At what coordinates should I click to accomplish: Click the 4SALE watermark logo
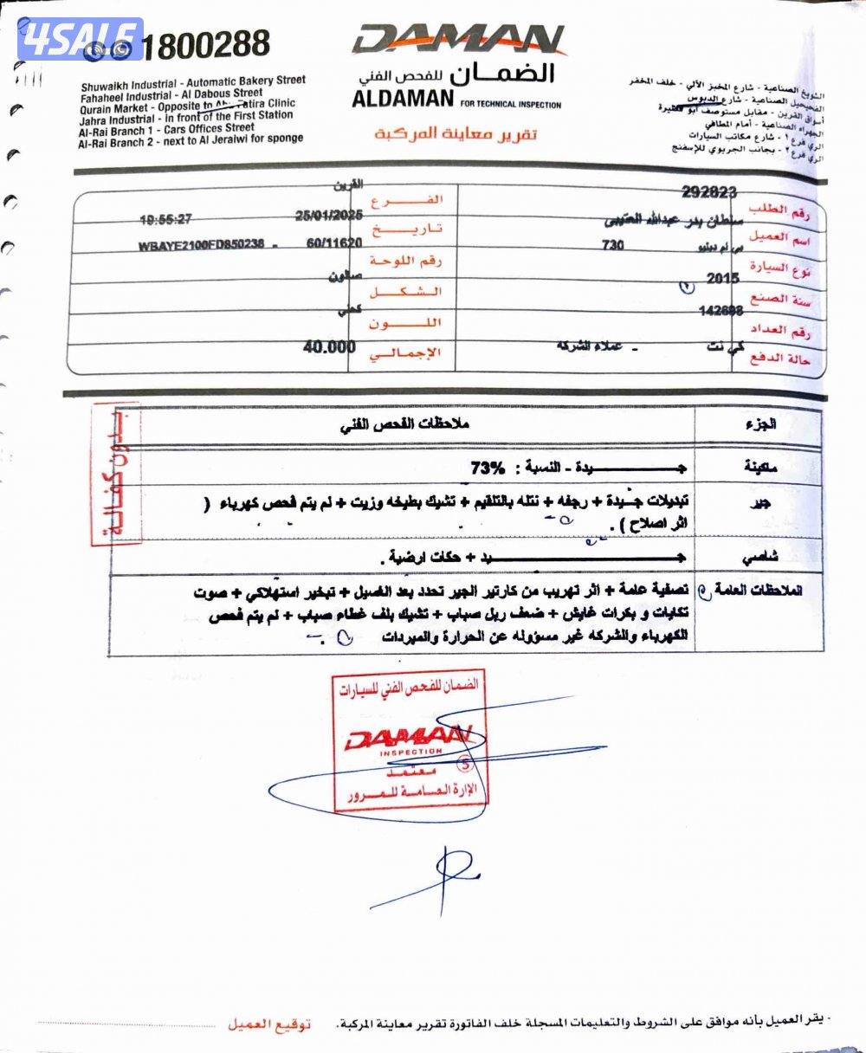(81, 39)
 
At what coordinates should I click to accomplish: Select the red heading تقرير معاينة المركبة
(456, 134)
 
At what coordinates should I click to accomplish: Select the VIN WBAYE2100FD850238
(200, 245)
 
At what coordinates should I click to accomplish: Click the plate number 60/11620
(333, 244)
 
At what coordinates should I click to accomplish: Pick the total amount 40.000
(329, 347)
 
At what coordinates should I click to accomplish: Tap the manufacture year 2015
(723, 279)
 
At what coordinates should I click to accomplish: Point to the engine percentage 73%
(487, 468)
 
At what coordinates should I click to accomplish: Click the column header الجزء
(759, 424)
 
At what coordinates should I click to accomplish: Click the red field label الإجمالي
(405, 353)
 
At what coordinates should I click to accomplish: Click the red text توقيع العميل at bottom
(268, 1024)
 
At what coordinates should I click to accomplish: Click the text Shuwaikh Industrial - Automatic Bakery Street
(193, 83)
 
